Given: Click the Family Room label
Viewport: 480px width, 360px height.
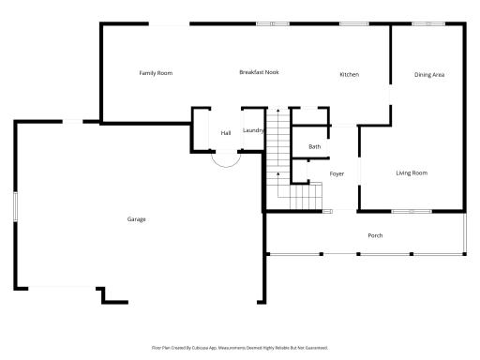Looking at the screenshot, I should point(156,73).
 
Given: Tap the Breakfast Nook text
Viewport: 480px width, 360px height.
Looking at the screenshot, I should point(259,72).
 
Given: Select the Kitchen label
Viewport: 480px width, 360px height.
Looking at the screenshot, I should point(349,75).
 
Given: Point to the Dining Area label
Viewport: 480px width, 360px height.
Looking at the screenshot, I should point(429,75).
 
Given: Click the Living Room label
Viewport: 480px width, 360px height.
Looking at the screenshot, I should point(412,172).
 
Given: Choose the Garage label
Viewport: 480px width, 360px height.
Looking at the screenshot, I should point(137,219).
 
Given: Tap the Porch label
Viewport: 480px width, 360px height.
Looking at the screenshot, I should point(375,235).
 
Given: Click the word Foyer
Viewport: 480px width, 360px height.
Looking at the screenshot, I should point(337,174).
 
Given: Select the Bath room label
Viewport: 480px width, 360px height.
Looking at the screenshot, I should point(315,146).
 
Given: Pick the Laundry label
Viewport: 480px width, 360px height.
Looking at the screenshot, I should point(253,130).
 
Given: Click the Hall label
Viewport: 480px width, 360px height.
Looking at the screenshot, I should point(226,133).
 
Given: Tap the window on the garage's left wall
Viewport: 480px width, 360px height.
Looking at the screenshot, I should point(15,206).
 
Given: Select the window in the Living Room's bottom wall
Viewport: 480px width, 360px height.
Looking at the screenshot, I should point(411,210).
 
